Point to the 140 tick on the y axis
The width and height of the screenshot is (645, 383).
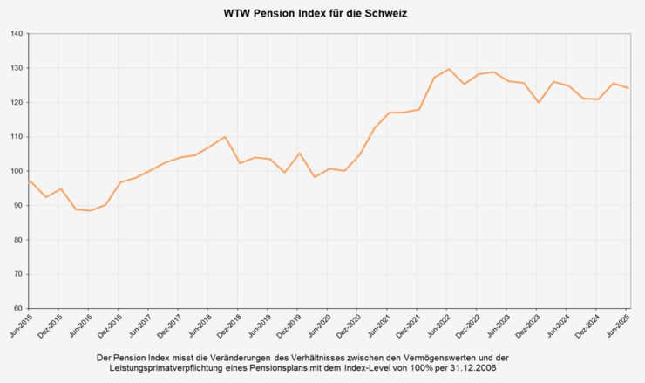coord(18,34)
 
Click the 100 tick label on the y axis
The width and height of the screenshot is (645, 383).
coord(18,171)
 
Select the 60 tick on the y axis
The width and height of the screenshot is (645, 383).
coord(20,308)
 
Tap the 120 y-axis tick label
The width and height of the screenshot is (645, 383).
coord(18,103)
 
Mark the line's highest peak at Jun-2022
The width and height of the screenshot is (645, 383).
coord(449,69)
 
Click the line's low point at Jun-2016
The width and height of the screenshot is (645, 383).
coord(89,210)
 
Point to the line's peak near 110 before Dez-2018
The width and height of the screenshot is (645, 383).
coord(225,137)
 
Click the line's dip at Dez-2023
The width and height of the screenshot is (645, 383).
coord(539,103)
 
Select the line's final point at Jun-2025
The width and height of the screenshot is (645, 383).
coord(628,88)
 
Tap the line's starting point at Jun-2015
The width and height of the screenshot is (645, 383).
coord(30,181)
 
